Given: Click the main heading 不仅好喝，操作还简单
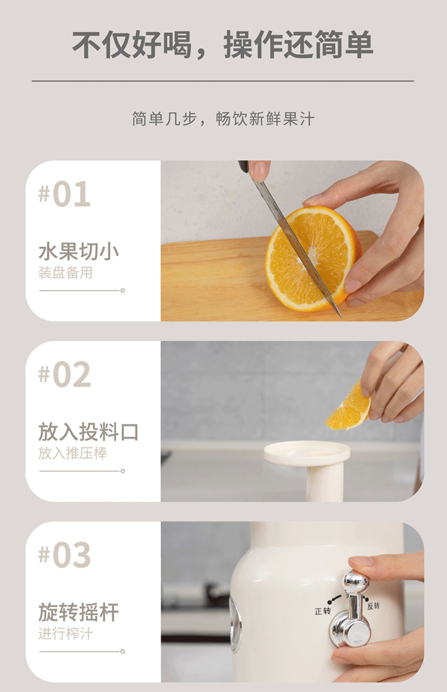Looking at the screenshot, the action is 223,44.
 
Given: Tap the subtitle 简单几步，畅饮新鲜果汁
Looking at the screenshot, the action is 223,119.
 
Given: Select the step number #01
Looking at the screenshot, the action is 64,194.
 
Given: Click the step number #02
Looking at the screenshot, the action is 64,374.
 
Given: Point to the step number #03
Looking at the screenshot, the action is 64,555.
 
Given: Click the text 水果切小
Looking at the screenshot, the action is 79,251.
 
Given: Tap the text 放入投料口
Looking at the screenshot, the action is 89,432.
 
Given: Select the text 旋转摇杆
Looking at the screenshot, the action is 79,612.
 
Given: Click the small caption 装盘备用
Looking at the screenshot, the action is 65,273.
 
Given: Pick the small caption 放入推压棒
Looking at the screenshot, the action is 72,453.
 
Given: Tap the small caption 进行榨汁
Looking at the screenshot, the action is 65,634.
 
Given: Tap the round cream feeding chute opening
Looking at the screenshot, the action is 307,453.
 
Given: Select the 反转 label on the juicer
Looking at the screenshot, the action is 373,606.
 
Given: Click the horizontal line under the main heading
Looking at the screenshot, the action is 223,81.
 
